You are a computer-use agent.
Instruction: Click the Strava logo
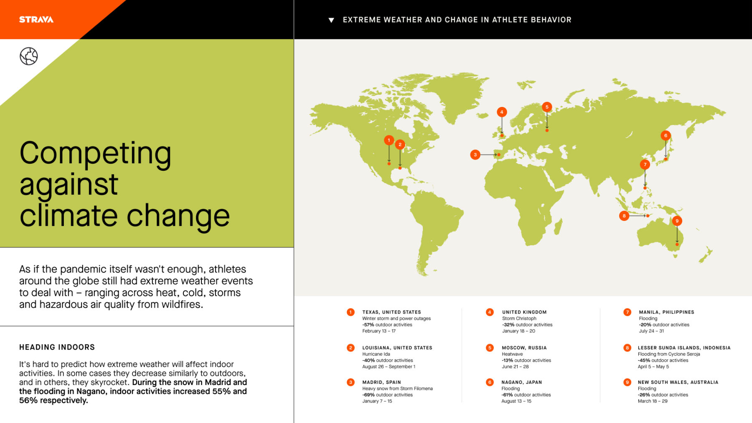[36, 19]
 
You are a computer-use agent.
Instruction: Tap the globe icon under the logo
[29, 56]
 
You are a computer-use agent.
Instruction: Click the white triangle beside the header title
[331, 20]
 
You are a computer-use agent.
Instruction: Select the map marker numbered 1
[389, 140]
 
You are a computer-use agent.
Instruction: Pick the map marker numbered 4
[502, 112]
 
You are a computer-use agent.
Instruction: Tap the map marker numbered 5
[547, 107]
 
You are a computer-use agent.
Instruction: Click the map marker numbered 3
[475, 155]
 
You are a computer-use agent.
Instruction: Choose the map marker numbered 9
[677, 221]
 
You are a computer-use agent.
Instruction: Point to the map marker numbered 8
[624, 216]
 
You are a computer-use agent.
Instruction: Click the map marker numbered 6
[666, 135]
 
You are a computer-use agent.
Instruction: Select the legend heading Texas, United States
[391, 312]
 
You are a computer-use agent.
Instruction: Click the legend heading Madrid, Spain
[381, 382]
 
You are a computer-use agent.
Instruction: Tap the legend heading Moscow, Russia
[524, 347]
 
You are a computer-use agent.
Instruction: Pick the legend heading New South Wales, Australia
[678, 382]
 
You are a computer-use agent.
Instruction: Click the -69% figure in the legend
[368, 395]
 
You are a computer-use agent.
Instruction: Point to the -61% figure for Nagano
[508, 395]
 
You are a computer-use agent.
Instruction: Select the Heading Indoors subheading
[57, 347]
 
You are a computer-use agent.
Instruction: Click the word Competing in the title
[95, 154]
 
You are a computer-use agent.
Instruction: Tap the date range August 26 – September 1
[389, 367]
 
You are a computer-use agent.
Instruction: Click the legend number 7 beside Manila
[627, 312]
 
